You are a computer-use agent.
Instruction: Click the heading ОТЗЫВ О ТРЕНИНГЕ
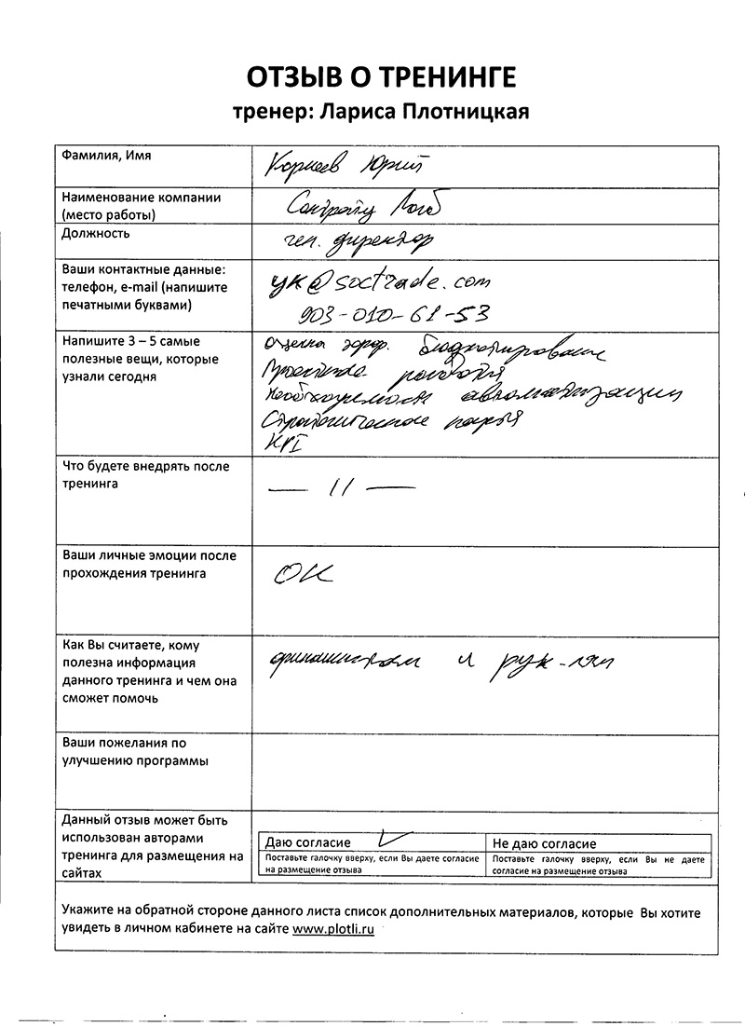[380, 75]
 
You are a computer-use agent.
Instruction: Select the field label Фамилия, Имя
[106, 156]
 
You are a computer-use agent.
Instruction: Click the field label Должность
[96, 233]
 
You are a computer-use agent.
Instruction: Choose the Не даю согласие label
[545, 843]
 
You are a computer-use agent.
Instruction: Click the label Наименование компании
[141, 198]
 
